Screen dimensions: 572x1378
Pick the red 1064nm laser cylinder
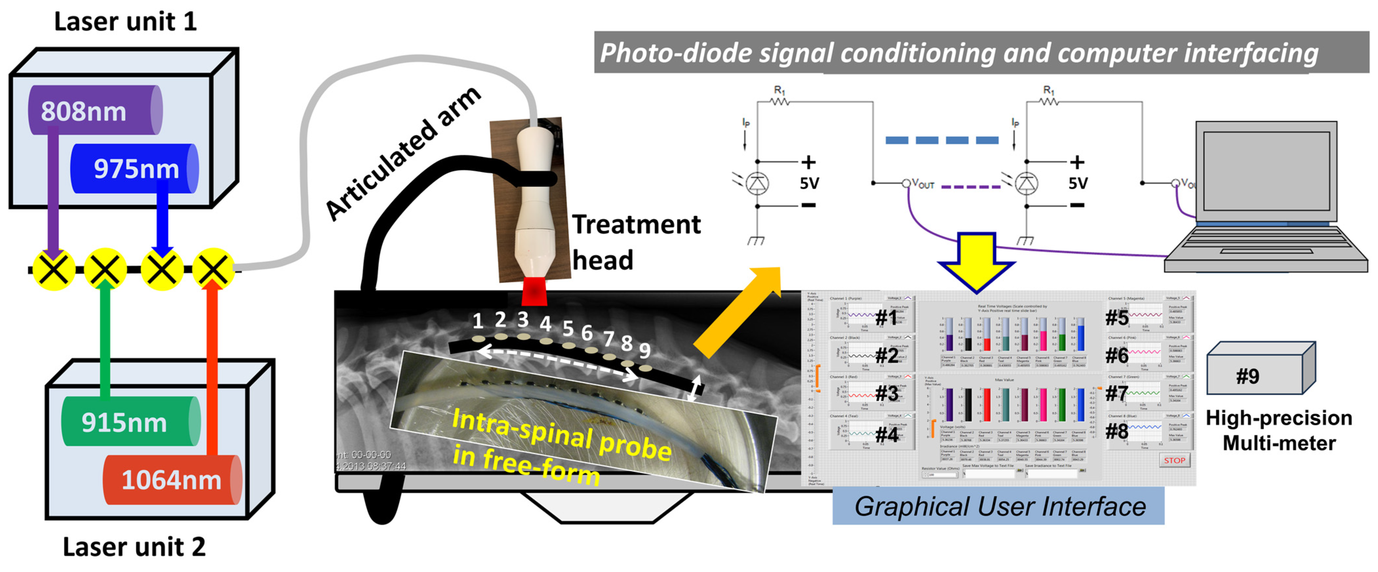pos(171,480)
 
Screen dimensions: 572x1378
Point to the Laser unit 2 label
pos(134,546)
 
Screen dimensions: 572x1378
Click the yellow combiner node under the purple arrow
pos(53,269)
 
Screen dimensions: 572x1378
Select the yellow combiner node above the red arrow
pos(213,269)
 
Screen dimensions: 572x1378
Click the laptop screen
pos(1266,171)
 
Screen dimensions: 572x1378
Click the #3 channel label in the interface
pos(886,393)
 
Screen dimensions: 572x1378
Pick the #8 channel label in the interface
pos(1117,431)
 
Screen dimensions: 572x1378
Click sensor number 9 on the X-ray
pos(645,350)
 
